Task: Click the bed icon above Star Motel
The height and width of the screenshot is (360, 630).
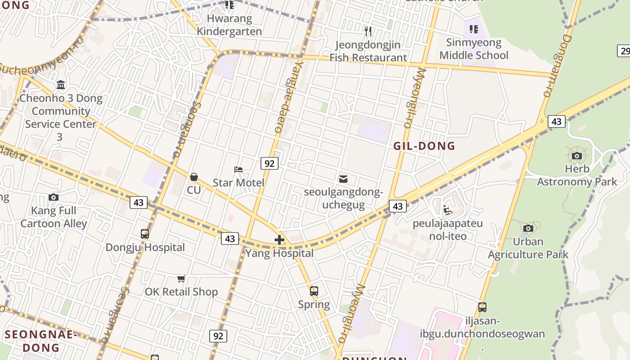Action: [x=238, y=170]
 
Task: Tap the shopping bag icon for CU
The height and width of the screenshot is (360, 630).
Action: [x=194, y=177]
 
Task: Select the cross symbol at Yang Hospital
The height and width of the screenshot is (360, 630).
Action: [x=279, y=240]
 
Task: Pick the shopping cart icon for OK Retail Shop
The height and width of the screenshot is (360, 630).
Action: [x=181, y=279]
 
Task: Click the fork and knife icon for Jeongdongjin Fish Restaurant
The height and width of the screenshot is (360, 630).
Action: [x=368, y=31]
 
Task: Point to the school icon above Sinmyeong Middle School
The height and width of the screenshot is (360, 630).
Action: [x=473, y=30]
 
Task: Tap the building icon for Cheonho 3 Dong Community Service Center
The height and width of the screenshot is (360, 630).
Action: [x=61, y=85]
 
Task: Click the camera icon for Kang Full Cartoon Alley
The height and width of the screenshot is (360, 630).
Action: [x=54, y=197]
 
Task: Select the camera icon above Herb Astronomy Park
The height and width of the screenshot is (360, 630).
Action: [x=577, y=156]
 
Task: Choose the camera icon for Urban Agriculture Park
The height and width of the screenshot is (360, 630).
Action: [x=528, y=229]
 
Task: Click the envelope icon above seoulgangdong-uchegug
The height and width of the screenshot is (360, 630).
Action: [x=343, y=179]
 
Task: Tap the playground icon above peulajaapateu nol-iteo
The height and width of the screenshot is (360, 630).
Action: [x=448, y=210]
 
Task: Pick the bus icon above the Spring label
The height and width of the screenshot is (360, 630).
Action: [x=314, y=291]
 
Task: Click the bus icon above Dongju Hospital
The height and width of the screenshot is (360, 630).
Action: [x=145, y=234]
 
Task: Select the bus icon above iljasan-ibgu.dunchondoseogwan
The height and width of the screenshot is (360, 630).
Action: [x=482, y=307]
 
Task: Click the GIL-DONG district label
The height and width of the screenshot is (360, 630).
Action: [x=424, y=146]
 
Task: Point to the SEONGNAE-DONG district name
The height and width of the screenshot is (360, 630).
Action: [x=41, y=341]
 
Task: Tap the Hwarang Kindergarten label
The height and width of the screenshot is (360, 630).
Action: [x=229, y=25]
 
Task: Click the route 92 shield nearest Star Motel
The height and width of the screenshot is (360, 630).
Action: [x=270, y=163]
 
